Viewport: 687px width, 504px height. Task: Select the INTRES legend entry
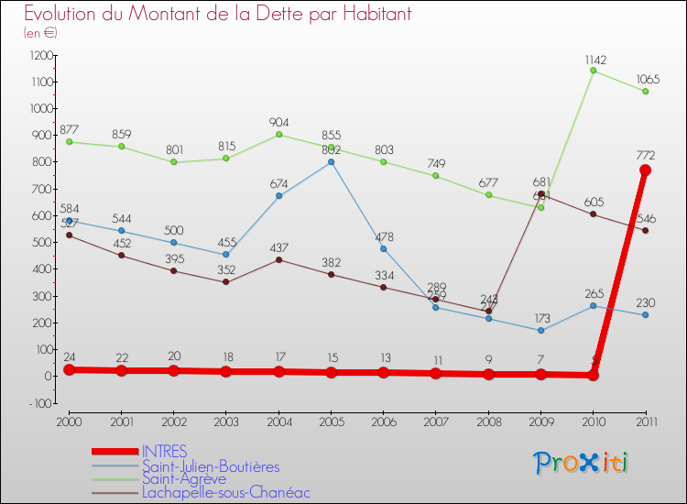click(x=165, y=451)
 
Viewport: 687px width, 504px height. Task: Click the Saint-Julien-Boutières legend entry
click(x=210, y=466)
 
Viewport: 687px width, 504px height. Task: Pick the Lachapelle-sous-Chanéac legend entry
click(x=225, y=492)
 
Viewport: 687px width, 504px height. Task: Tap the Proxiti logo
click(x=582, y=463)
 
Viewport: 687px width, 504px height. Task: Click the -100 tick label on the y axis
click(x=38, y=403)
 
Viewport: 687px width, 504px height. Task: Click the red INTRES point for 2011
click(x=645, y=170)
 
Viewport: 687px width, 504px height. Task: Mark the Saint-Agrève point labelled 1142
click(x=593, y=71)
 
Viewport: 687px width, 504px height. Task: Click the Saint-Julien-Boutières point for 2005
click(x=331, y=162)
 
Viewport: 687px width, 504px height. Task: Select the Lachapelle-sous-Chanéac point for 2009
click(x=540, y=194)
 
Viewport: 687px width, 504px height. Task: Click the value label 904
click(x=278, y=120)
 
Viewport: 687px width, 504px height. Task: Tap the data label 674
click(x=278, y=183)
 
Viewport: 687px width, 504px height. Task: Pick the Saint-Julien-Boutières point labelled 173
click(x=540, y=330)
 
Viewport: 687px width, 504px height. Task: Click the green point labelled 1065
click(x=645, y=92)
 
